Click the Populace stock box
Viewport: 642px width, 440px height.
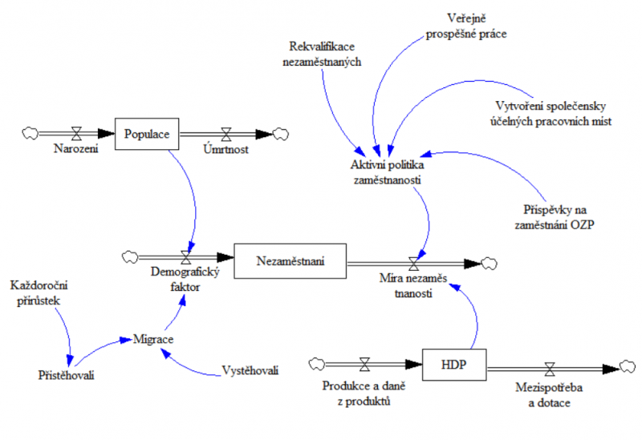(147, 134)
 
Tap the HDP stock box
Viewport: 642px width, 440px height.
(453, 366)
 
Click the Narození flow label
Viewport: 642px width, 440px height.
(76, 149)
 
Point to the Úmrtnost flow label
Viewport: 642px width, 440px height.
(226, 149)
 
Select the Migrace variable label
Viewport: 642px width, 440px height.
(153, 339)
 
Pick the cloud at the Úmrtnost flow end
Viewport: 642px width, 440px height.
(282, 133)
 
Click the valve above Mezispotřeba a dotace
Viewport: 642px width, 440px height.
(550, 369)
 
